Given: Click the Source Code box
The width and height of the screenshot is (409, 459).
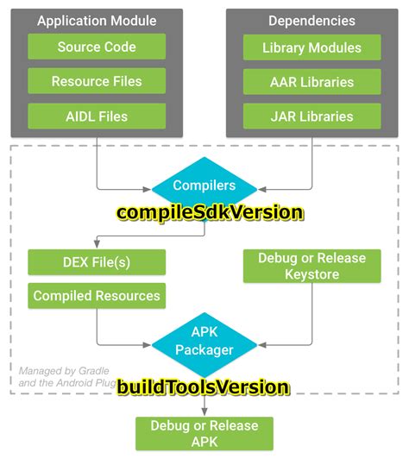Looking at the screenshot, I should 97,47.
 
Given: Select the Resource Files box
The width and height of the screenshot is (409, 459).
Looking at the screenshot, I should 97,81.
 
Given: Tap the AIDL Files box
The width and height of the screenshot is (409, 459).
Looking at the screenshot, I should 97,116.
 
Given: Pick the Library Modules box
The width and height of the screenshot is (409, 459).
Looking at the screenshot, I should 311,47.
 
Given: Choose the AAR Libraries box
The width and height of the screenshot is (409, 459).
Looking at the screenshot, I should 311,81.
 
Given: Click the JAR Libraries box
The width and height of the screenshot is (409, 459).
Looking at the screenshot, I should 311,116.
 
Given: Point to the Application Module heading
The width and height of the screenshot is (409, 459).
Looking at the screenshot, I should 97,21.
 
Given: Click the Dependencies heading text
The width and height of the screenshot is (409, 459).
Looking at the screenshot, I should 311,21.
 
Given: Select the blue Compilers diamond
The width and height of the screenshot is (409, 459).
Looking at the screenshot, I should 204,185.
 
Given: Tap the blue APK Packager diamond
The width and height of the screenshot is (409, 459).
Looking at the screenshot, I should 204,343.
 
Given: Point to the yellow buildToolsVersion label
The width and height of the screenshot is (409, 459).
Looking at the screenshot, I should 204,387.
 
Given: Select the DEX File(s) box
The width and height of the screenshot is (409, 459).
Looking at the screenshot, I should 97,261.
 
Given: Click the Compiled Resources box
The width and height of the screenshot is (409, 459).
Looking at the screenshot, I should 97,296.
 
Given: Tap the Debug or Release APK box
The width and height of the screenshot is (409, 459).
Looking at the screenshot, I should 204,433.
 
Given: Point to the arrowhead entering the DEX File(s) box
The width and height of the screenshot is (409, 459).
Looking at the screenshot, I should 97,246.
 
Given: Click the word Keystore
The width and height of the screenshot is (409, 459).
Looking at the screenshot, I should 311,275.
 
